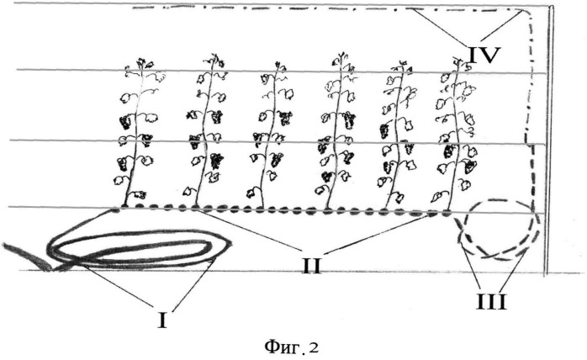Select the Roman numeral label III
491,301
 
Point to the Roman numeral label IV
484,55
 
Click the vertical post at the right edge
549,140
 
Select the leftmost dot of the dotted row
125,206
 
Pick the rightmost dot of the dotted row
446,214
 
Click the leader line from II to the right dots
378,232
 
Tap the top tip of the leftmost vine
141,59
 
